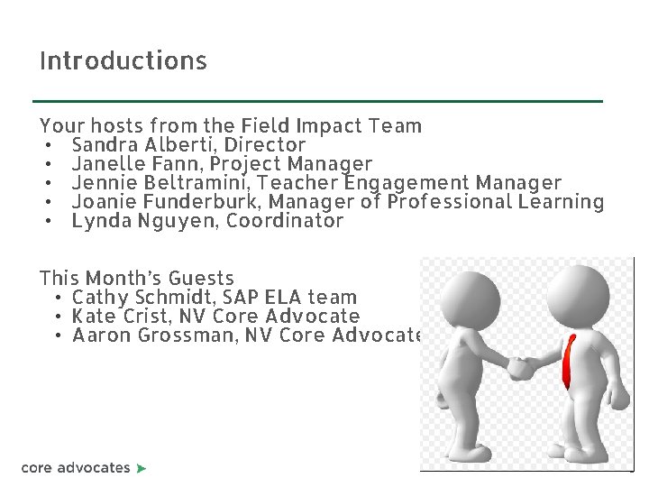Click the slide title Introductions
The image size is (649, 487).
[x=123, y=61]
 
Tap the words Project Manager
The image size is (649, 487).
[x=295, y=164]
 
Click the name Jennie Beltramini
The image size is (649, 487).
[x=160, y=183]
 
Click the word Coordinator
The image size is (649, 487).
[x=285, y=221]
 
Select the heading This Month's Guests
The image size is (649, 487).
[x=137, y=279]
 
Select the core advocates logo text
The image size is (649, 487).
[x=76, y=467]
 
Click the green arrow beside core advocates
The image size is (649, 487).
[x=141, y=468]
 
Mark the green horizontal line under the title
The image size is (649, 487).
[x=317, y=101]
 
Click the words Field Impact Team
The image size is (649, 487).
[x=331, y=126]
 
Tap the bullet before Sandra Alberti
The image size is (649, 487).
[x=45, y=145]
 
